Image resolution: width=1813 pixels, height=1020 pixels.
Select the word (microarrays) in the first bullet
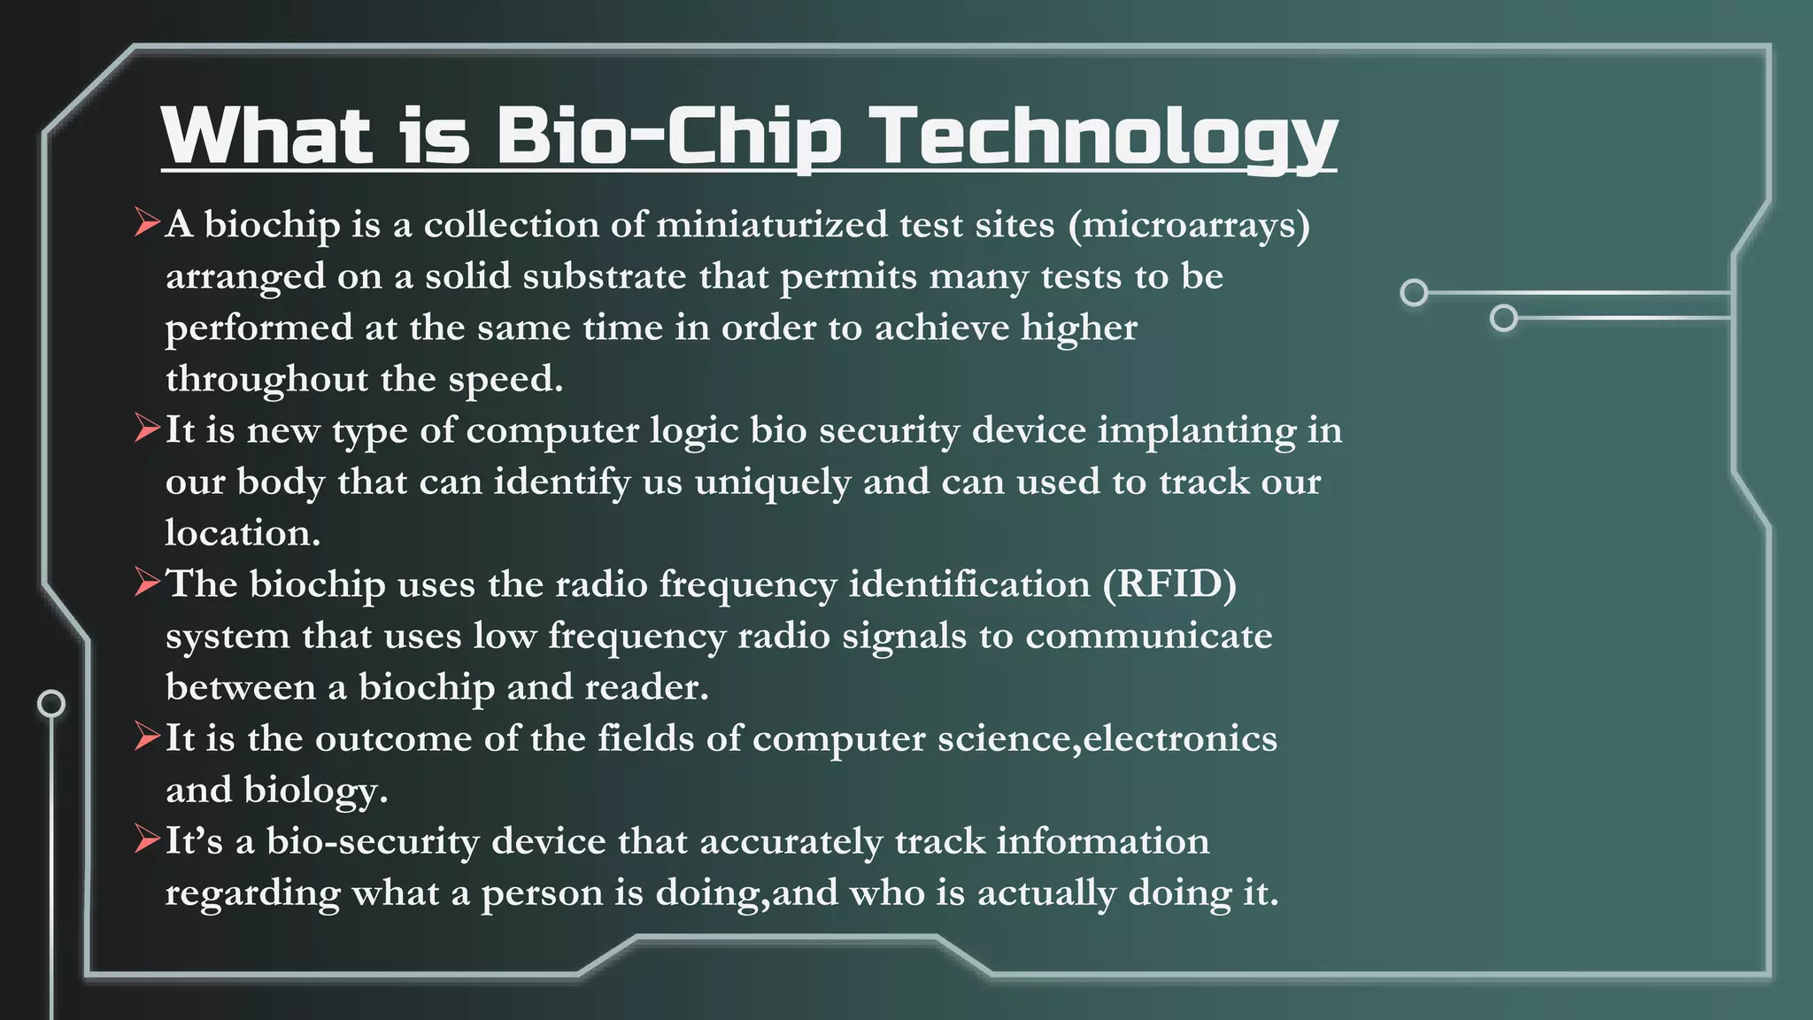pyautogui.click(x=1189, y=225)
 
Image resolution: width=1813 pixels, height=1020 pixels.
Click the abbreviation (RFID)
pyautogui.click(x=1169, y=584)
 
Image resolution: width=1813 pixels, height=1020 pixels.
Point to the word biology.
pyautogui.click(x=315, y=790)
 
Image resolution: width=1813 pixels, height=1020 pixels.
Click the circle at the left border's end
pyautogui.click(x=51, y=703)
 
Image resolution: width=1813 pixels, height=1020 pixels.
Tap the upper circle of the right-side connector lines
pyautogui.click(x=1414, y=292)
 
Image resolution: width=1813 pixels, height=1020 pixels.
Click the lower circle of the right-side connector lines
pyautogui.click(x=1503, y=318)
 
